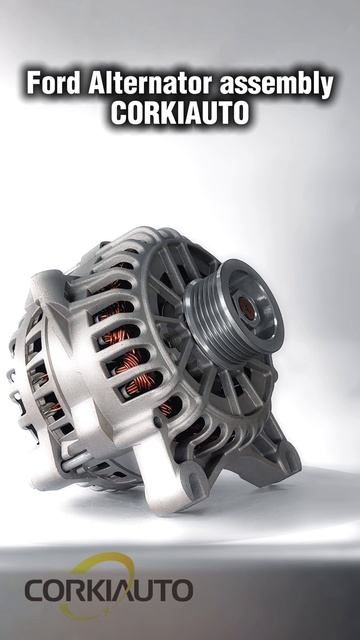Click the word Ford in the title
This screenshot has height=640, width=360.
[x=53, y=83]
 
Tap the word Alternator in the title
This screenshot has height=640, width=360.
[x=150, y=83]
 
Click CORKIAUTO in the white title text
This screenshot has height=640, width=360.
[x=180, y=112]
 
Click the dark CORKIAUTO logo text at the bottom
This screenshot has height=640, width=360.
[x=109, y=590]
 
